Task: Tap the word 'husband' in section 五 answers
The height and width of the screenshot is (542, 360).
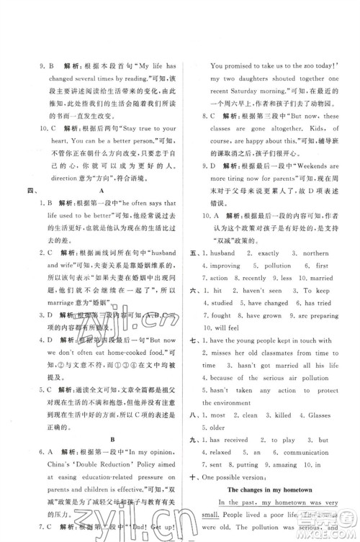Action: (225, 254)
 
